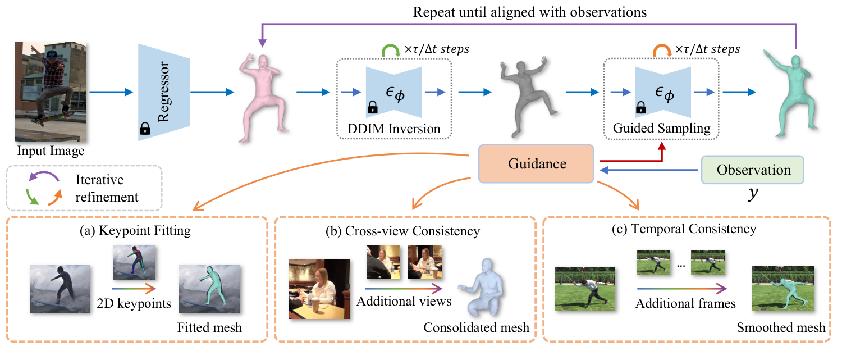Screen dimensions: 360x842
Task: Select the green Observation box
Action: click(x=753, y=170)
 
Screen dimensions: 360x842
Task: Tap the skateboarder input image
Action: click(x=51, y=92)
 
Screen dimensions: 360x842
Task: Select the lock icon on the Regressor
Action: click(x=144, y=129)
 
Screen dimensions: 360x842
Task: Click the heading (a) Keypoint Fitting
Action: click(x=136, y=231)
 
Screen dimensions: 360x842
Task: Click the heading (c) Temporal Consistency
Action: click(x=685, y=229)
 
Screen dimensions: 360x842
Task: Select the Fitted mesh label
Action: click(x=209, y=327)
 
